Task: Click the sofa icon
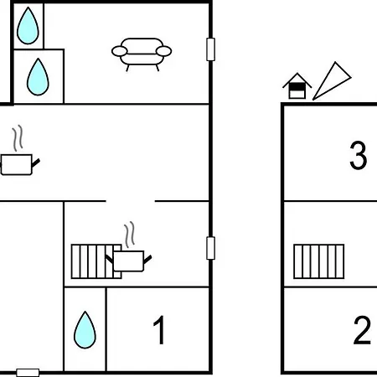tap(142, 54)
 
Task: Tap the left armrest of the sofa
tap(120, 51)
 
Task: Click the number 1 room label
tap(159, 330)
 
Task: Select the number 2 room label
tap(362, 330)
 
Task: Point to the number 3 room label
tap(358, 155)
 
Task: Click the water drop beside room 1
tap(85, 330)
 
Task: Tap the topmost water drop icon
tap(28, 25)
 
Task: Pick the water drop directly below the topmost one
tap(38, 77)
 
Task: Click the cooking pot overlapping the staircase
tap(128, 261)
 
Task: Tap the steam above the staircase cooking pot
tap(129, 235)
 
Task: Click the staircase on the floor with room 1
tap(96, 261)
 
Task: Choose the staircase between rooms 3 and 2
tap(319, 261)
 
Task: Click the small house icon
tap(297, 86)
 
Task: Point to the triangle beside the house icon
tap(332, 82)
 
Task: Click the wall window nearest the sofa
tap(210, 49)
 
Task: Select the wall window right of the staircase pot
tap(210, 248)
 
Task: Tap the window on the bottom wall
tap(28, 373)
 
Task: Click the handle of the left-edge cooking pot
tap(36, 163)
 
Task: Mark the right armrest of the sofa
tap(163, 51)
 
